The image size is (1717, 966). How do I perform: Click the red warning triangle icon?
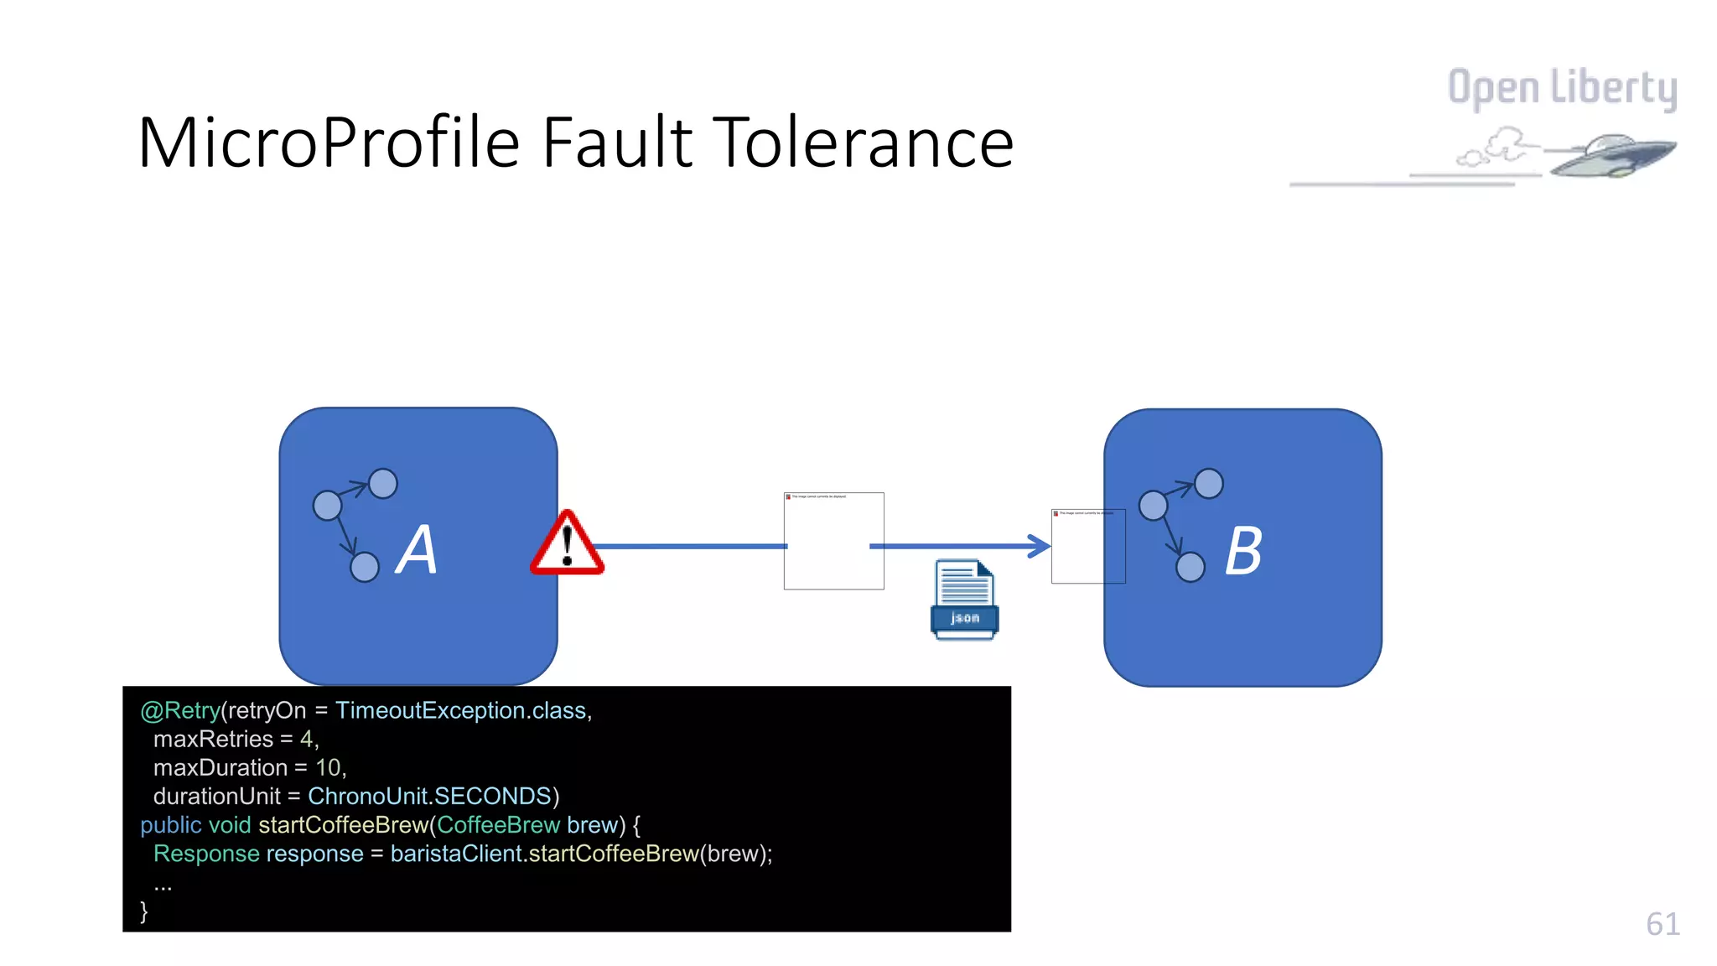click(x=568, y=546)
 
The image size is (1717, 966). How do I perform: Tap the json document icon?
click(x=964, y=600)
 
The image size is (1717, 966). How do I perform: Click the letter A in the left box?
click(x=417, y=550)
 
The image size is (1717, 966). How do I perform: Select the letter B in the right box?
click(x=1243, y=551)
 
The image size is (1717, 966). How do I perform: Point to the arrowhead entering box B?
click(x=1040, y=546)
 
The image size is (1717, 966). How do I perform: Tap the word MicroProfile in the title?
click(x=328, y=143)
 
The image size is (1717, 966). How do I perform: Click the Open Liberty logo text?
click(x=1562, y=88)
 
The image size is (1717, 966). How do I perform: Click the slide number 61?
click(x=1663, y=924)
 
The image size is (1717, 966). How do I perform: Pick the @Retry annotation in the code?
click(x=179, y=710)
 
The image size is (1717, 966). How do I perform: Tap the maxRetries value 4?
click(x=307, y=739)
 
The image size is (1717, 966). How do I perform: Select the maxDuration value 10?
click(x=328, y=767)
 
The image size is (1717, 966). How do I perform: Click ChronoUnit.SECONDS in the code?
click(x=429, y=796)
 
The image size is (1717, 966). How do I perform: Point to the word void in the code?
click(x=230, y=824)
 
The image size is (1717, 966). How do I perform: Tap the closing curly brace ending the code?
click(x=144, y=911)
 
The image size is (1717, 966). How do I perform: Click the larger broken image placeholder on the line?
click(x=833, y=541)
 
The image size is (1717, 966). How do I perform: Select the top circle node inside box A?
click(x=383, y=484)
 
